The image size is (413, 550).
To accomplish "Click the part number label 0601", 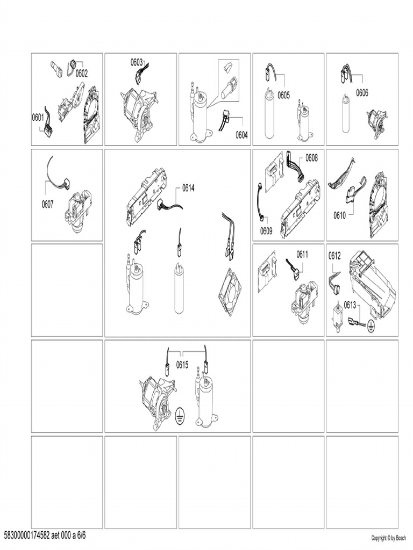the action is (38, 118).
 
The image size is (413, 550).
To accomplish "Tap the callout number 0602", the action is (82, 74).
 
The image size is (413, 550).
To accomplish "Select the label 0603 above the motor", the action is (137, 62).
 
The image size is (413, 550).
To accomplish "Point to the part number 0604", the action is (241, 135).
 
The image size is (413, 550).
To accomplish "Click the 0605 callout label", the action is (284, 95).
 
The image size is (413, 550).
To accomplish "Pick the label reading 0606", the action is (362, 92).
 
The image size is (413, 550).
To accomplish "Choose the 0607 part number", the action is (48, 204).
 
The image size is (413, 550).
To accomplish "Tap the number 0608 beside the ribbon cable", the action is (311, 158).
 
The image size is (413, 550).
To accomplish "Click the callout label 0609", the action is (266, 231).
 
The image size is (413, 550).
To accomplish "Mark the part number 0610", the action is (340, 215).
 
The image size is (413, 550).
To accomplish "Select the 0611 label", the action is (302, 254).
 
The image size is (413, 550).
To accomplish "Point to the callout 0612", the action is (334, 256).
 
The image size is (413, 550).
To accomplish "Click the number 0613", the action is (350, 305).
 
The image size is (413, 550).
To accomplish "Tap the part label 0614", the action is (188, 188).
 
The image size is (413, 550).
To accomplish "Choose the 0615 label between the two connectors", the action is (182, 365).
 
